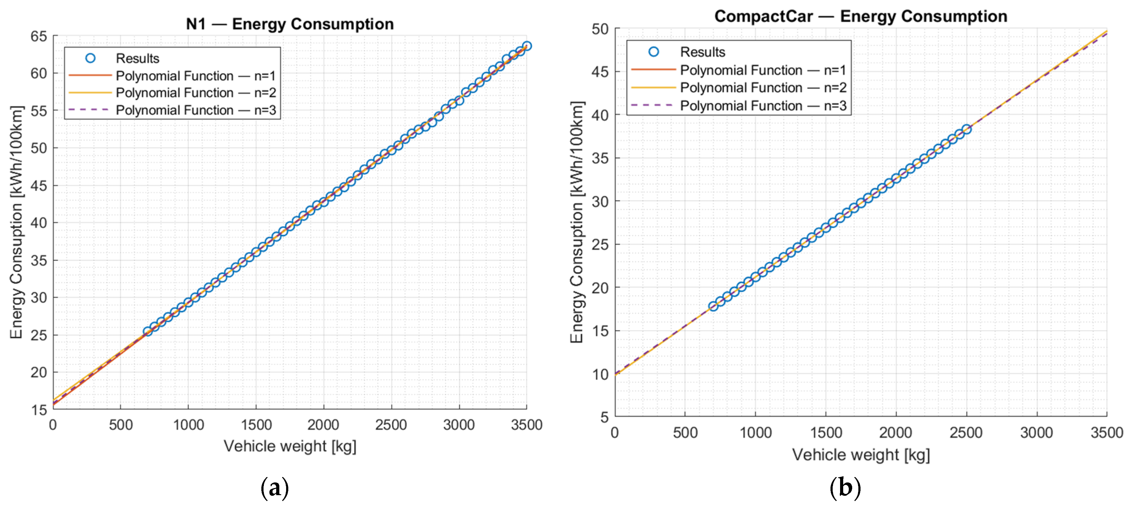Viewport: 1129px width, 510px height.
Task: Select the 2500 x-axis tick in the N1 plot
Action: tap(391, 425)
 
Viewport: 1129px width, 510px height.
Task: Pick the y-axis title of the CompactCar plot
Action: tap(577, 222)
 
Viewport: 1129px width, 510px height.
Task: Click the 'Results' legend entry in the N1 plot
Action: tap(137, 58)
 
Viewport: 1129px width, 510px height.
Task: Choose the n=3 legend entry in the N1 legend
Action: tap(195, 110)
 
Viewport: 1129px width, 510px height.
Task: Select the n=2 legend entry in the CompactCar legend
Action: tap(763, 88)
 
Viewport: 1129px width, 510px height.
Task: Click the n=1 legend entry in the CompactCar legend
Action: tap(763, 70)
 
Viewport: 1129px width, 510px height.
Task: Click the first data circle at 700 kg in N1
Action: tap(148, 331)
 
